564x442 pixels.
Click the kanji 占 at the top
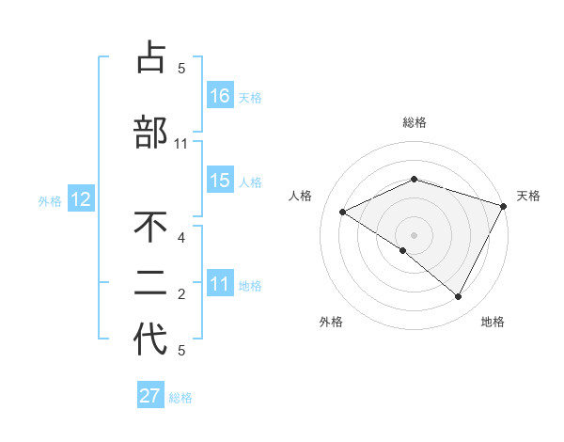coord(150,57)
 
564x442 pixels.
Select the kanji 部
coord(150,132)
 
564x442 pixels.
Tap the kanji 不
coord(150,228)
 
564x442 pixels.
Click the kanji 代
coord(150,339)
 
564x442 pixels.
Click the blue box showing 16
coord(220,95)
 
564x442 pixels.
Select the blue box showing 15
coord(220,181)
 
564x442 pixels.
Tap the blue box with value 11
coord(220,284)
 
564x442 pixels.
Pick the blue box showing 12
coord(81,199)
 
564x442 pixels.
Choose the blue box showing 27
coord(150,396)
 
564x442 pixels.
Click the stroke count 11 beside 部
coord(181,144)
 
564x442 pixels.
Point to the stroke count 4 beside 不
coord(181,238)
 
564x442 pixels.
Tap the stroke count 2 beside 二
coord(181,294)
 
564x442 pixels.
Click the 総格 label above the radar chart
coord(414,122)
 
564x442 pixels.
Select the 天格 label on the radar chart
coord(529,196)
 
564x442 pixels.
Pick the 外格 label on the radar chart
coord(331,322)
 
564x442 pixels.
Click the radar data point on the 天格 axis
coord(504,206)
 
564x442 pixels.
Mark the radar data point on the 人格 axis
coord(343,213)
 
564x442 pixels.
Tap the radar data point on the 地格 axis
coord(459,296)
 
